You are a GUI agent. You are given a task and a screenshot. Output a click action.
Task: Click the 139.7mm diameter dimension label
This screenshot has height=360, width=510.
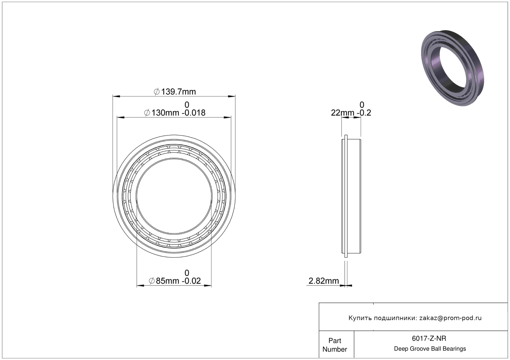pos(175,92)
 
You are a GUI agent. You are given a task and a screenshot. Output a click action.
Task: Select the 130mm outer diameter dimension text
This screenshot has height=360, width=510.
pos(175,113)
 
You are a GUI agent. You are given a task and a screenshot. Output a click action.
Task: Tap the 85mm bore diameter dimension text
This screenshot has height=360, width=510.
pos(175,281)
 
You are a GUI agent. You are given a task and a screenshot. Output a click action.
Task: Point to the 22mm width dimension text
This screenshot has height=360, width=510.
pos(351,113)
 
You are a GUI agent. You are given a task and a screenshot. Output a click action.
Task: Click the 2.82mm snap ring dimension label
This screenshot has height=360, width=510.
pos(323,281)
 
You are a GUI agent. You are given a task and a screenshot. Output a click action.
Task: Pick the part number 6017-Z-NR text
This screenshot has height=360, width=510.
pos(429,338)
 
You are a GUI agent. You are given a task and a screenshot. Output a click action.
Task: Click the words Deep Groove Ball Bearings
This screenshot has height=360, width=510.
pos(430,349)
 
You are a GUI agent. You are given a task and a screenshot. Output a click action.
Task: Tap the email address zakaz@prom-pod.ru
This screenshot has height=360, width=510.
pos(450,318)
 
